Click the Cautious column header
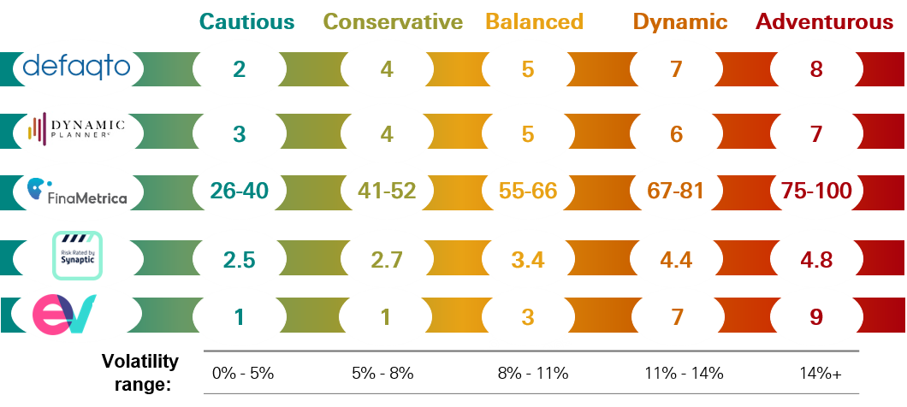[246, 21]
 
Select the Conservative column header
[394, 21]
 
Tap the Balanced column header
[534, 21]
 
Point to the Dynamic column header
[680, 21]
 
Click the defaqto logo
[76, 66]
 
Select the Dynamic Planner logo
[76, 130]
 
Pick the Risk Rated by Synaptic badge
[77, 255]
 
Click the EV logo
[65, 316]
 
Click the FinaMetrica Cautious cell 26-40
[240, 191]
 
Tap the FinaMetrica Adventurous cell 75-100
[816, 191]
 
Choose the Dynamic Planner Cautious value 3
[240, 134]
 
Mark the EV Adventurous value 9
[816, 316]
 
